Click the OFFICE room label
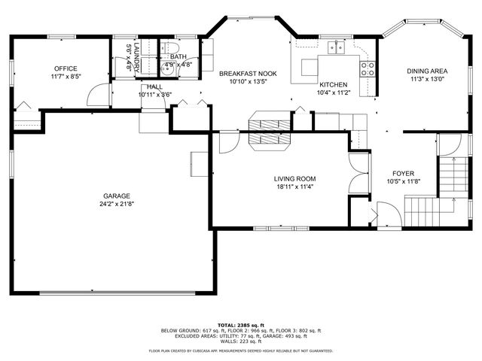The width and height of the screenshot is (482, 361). click(65, 68)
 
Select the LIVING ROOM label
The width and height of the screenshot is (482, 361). click(294, 178)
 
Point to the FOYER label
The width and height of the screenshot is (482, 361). click(404, 172)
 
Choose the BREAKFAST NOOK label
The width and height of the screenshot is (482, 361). click(248, 74)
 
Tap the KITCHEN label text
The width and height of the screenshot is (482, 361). click(332, 84)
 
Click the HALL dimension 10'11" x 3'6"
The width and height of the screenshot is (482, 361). click(154, 96)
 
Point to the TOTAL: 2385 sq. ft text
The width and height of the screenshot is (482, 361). click(240, 325)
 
